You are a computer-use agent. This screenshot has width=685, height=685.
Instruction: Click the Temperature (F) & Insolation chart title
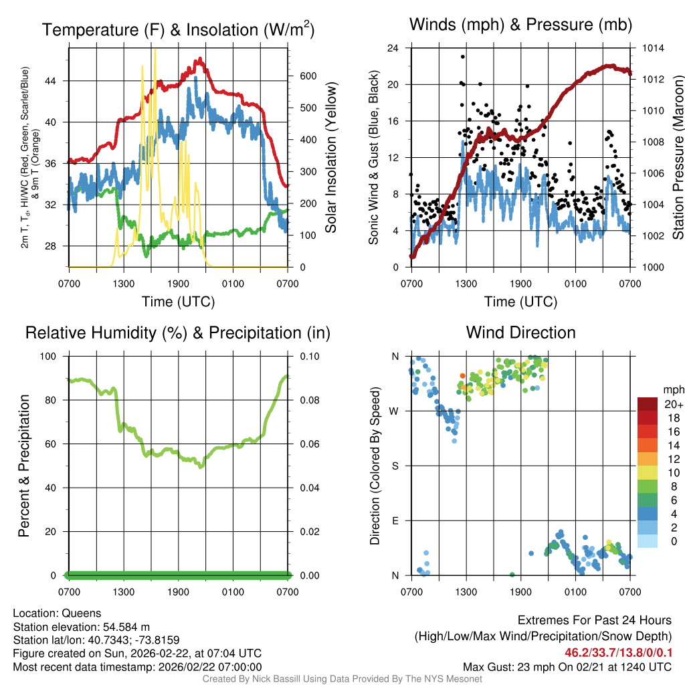click(178, 30)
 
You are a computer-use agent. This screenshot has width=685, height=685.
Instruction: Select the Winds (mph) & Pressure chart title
click(521, 25)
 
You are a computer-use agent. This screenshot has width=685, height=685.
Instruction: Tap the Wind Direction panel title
click(520, 332)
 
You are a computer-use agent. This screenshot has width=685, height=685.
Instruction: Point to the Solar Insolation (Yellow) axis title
click(330, 158)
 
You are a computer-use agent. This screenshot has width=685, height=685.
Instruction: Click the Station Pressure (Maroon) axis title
click(678, 158)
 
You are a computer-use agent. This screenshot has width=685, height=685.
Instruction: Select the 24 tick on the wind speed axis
click(393, 49)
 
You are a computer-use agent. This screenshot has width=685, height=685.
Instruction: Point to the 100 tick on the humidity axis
click(52, 357)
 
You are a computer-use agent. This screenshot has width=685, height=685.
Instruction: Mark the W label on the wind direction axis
click(395, 411)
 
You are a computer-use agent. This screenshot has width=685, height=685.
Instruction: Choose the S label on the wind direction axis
click(395, 466)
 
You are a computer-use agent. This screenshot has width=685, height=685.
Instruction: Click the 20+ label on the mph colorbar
click(672, 405)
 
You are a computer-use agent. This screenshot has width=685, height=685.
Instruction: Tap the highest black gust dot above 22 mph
click(463, 57)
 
